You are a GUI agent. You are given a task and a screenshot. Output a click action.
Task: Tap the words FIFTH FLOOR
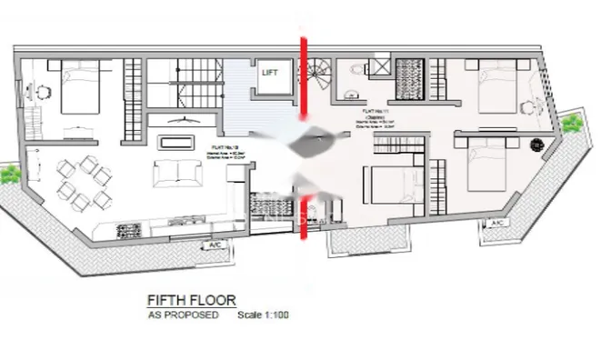[x=192, y=299]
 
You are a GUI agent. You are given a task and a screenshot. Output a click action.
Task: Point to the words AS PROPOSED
[x=183, y=315]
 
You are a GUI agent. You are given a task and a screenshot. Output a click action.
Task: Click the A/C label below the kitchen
[x=215, y=245]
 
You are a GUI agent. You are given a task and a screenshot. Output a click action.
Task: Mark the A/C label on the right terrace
[x=497, y=223]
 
